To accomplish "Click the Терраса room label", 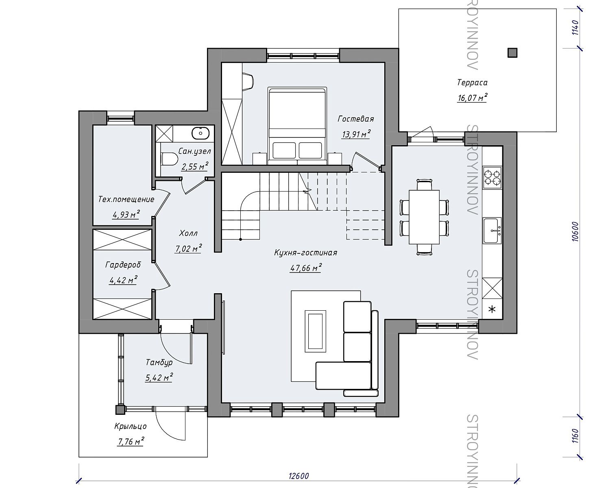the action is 472,83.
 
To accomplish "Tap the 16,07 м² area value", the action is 472,98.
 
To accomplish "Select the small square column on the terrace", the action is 512,53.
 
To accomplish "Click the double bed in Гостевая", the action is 297,126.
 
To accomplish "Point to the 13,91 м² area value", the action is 356,134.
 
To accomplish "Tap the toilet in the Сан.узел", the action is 169,159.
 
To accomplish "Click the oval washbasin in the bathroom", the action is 200,133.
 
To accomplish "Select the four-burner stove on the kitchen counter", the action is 492,177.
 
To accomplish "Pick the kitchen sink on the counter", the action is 492,231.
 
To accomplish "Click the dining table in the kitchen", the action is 424,217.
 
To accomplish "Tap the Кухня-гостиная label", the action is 305,253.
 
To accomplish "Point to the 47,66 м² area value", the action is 306,268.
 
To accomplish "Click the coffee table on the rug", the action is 315,331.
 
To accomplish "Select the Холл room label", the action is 188,233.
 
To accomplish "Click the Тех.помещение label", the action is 126,199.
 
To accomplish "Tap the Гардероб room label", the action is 123,265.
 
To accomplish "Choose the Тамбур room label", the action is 159,362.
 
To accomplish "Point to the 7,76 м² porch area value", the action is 131,441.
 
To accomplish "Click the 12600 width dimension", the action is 299,475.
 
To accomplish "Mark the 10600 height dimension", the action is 575,231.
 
